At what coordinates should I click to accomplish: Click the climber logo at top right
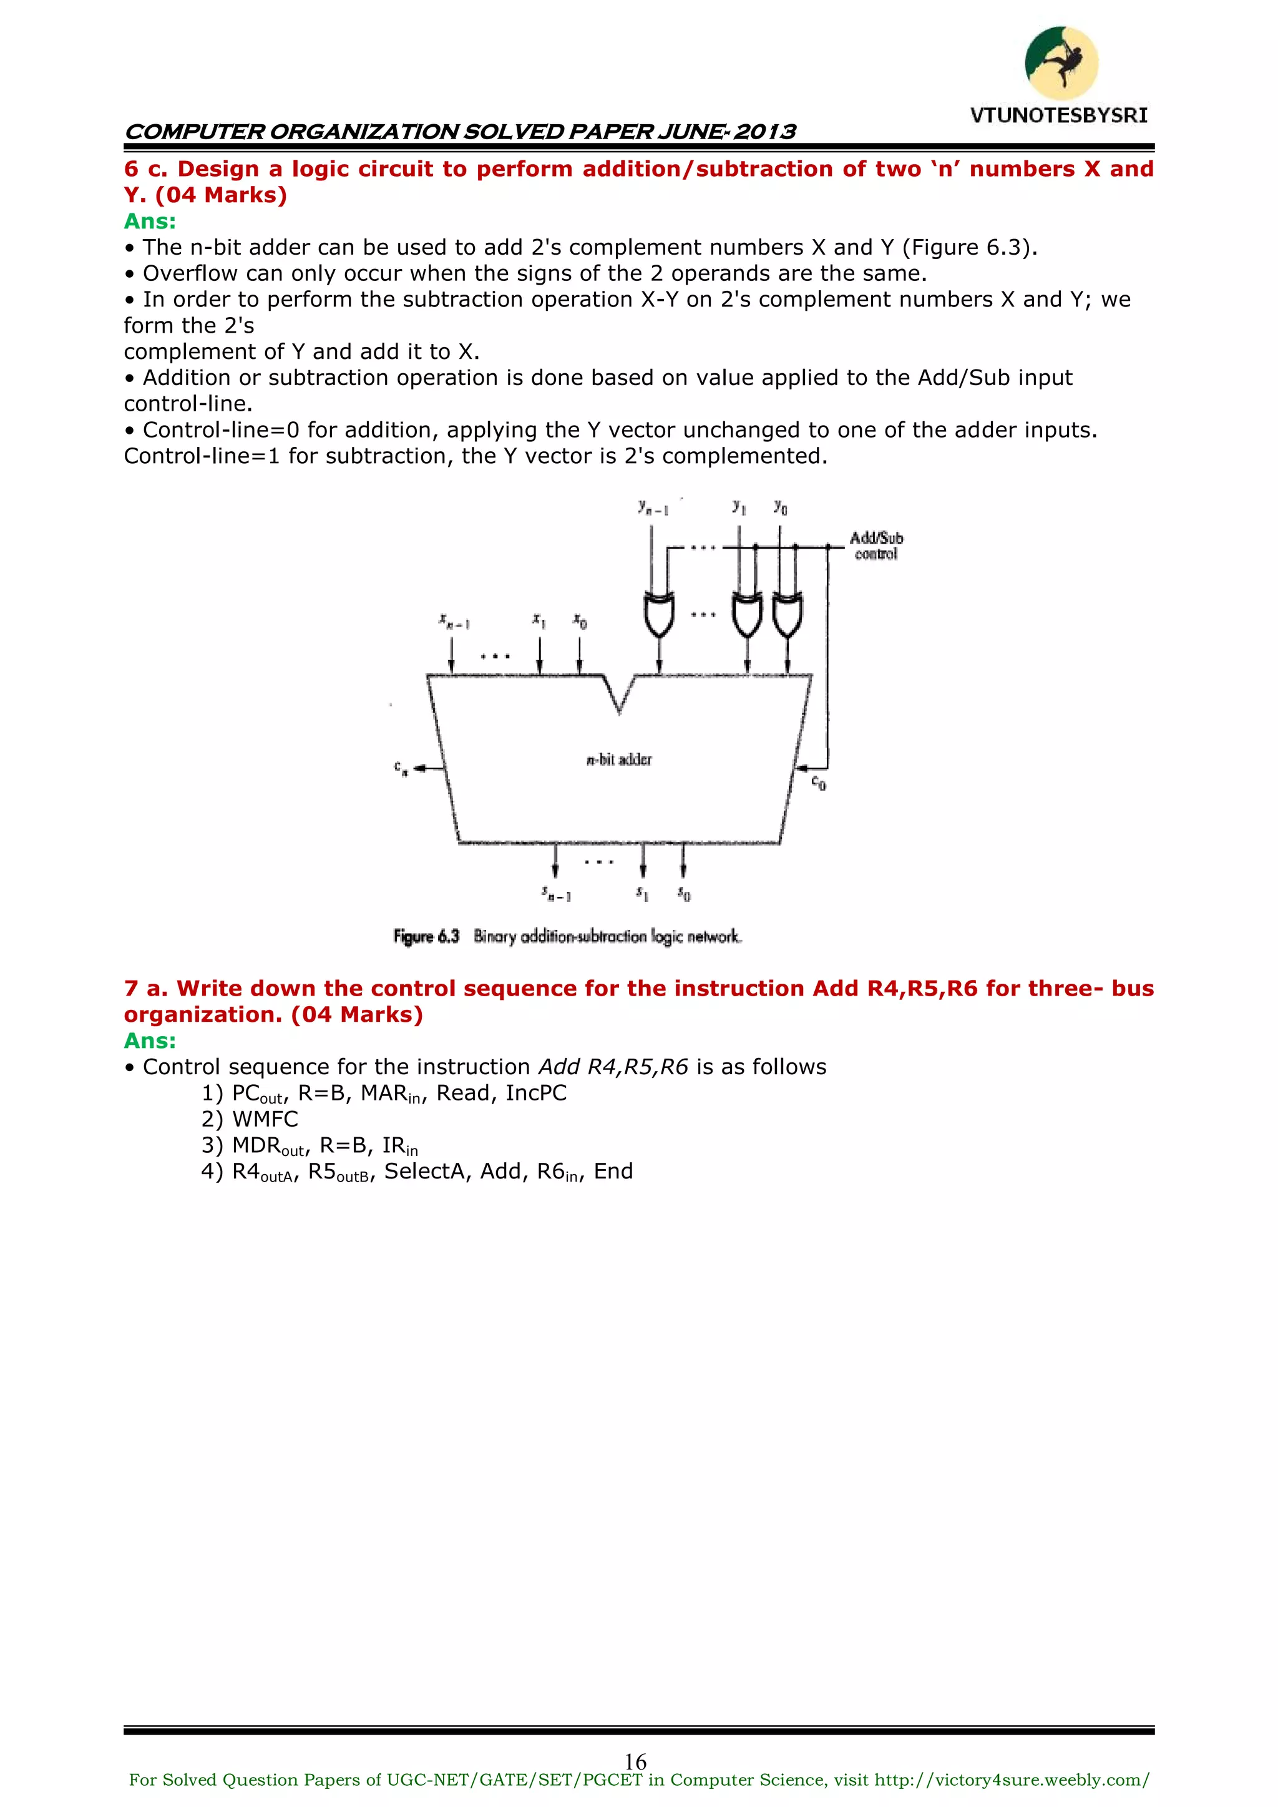pos(1061,63)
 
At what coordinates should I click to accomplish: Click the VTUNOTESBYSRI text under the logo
pos(1058,115)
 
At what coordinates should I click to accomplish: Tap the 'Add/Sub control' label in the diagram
pos(876,546)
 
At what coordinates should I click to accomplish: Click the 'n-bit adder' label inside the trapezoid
pos(619,760)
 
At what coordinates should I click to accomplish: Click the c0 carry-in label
pos(819,783)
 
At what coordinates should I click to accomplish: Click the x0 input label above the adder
pos(579,621)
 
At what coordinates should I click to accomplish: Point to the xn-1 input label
pos(454,622)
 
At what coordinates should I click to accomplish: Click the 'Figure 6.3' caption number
pos(426,936)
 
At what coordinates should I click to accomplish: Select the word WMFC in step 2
pos(265,1119)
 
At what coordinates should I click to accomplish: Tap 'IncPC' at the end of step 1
pos(536,1093)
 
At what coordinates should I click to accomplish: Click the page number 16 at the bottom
pos(635,1761)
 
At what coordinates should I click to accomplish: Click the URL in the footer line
pos(1011,1780)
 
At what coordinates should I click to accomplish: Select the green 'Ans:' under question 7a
pos(150,1041)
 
